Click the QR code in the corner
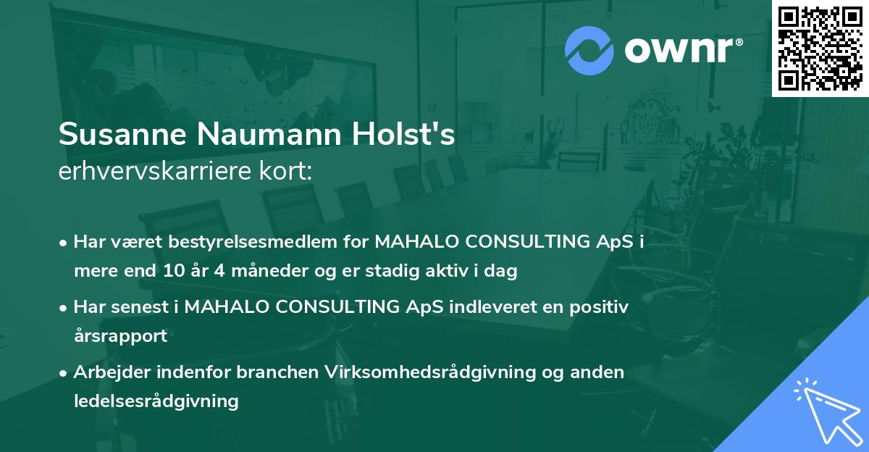click(820, 48)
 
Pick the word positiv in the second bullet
click(600, 306)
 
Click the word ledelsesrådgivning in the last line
click(156, 401)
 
